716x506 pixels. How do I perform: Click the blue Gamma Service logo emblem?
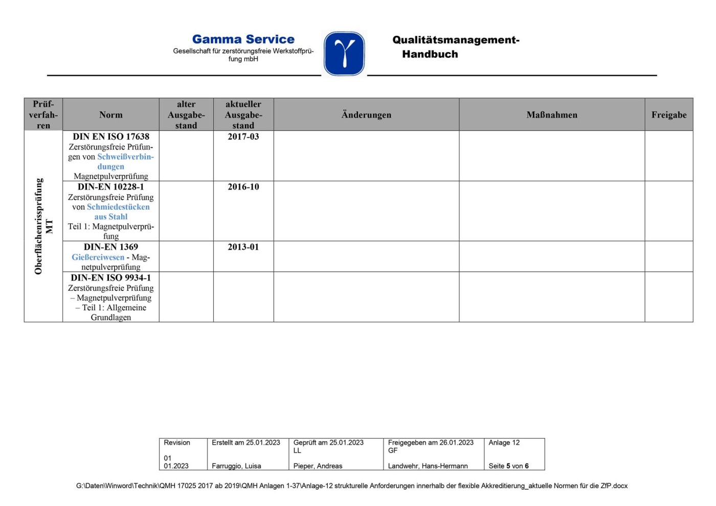click(x=344, y=54)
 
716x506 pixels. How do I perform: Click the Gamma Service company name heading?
click(x=243, y=39)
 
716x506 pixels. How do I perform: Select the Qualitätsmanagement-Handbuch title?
click(x=455, y=47)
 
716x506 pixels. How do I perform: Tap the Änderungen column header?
click(x=366, y=115)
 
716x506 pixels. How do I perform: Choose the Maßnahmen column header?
click(x=552, y=115)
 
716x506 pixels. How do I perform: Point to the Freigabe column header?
click(x=668, y=115)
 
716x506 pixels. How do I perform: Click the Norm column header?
click(x=111, y=115)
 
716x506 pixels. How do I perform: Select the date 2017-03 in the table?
click(x=243, y=136)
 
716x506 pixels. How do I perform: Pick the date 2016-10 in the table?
click(x=243, y=187)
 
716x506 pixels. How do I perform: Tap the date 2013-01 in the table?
click(x=243, y=247)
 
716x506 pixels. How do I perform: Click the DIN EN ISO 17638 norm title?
click(x=111, y=136)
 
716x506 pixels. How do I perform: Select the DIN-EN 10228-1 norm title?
click(x=111, y=187)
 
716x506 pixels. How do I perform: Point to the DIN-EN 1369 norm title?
click(x=111, y=247)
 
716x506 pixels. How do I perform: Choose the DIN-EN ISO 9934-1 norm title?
click(x=111, y=278)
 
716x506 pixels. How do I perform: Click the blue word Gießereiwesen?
click(x=98, y=257)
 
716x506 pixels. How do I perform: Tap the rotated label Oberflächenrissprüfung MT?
click(x=43, y=226)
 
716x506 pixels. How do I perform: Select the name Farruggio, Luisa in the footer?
click(x=236, y=466)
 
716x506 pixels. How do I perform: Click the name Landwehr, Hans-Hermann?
click(x=428, y=466)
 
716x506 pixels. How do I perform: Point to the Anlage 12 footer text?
click(x=504, y=443)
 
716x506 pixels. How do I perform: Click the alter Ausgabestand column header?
click(x=186, y=115)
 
